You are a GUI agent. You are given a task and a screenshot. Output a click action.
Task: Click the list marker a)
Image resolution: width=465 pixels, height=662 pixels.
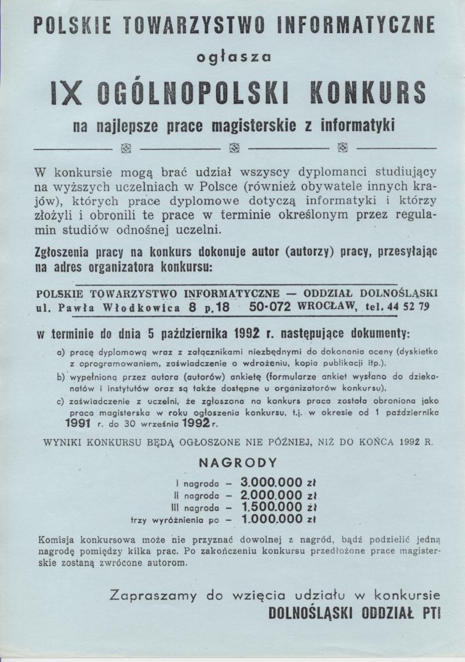click(60, 352)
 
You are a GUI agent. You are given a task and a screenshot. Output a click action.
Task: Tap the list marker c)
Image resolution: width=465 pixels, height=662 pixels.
click(60, 402)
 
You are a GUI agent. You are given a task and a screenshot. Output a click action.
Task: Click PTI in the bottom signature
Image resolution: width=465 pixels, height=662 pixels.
click(430, 613)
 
